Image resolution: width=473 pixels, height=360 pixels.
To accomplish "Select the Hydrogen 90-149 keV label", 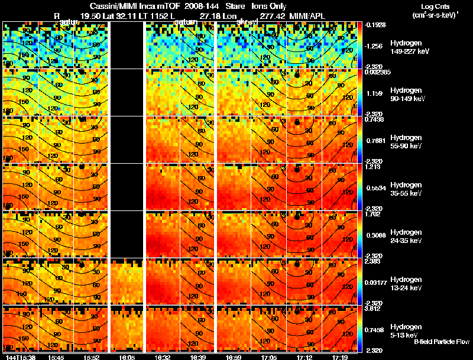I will coord(393,95).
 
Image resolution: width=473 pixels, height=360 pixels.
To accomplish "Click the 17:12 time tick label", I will coord(304,357).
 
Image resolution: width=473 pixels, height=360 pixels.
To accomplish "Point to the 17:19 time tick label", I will coord(339,357).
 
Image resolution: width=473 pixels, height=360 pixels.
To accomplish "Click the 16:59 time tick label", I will coord(234,357).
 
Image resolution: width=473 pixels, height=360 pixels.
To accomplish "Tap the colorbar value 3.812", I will coord(372,308).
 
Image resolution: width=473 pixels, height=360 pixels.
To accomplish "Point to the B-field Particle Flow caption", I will coord(442,342).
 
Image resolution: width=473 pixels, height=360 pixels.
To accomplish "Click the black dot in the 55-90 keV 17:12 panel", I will coord(297,122).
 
